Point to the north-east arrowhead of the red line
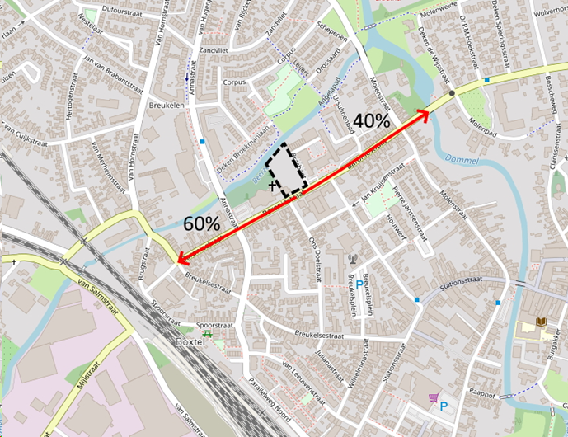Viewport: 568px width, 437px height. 427,113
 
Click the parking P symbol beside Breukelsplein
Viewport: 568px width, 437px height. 359,285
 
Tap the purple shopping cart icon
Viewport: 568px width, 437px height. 433,398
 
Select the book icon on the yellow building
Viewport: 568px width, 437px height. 540,322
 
